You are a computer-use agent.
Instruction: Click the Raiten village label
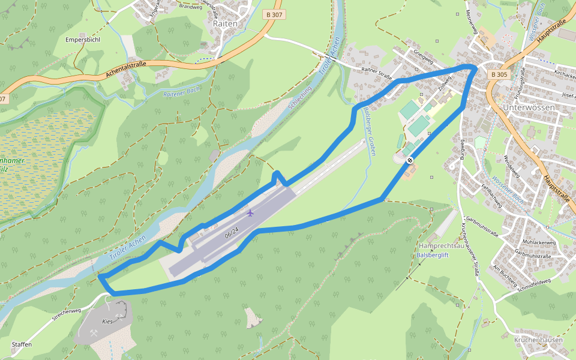click(225, 23)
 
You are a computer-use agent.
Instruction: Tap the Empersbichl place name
click(83, 40)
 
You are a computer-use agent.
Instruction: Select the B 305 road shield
click(499, 74)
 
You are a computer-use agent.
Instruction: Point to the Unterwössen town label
click(527, 107)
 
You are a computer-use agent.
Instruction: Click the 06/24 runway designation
click(232, 231)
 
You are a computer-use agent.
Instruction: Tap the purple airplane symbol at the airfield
click(250, 213)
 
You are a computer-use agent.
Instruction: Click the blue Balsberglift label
click(433, 255)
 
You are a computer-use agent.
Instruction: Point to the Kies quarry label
click(107, 322)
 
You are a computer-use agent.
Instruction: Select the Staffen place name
click(22, 344)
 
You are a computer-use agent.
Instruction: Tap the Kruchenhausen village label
click(538, 340)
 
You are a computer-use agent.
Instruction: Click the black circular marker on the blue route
click(410, 160)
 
